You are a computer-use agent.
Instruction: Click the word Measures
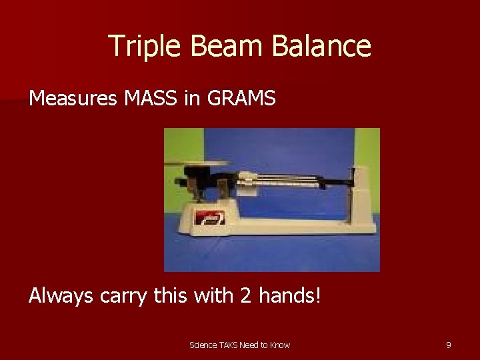pyautogui.click(x=73, y=99)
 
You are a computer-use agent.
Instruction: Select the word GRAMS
pyautogui.click(x=241, y=99)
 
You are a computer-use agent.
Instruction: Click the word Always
pyautogui.click(x=61, y=295)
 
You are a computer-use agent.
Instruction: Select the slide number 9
pyautogui.click(x=448, y=345)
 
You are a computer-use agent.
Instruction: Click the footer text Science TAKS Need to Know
pyautogui.click(x=239, y=345)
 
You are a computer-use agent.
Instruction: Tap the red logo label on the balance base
pyautogui.click(x=209, y=217)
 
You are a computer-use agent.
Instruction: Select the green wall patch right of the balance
pyautogui.click(x=367, y=147)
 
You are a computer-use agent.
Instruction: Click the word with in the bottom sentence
pyautogui.click(x=210, y=295)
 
